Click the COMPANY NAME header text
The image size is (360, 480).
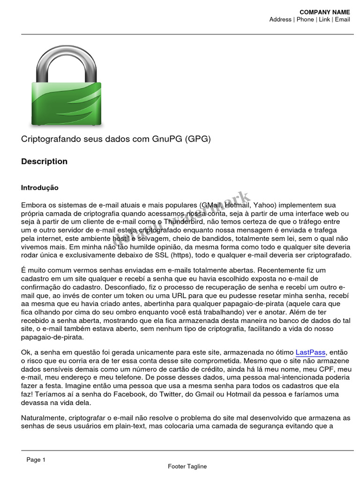[x=324, y=12]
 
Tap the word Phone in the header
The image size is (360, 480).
[x=305, y=20]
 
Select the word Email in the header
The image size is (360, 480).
[x=342, y=20]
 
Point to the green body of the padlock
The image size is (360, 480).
[x=67, y=104]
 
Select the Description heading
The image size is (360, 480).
[x=44, y=162]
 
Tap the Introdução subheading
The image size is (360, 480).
[x=40, y=188]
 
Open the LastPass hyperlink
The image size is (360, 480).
[x=310, y=352]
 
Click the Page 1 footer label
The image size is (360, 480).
[x=36, y=460]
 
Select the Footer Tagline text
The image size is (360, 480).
[x=187, y=466]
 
